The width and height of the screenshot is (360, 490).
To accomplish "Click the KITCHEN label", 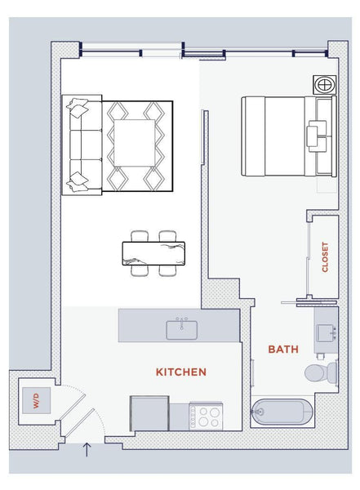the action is [181, 372].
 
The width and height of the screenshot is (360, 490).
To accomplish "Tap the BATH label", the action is [283, 349].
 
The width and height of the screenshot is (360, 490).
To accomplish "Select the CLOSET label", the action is [325, 257].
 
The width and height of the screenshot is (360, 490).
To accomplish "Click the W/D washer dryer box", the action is [36, 401].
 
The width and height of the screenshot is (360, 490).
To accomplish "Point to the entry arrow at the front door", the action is [87, 449].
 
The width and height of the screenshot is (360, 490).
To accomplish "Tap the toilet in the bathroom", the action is [321, 372].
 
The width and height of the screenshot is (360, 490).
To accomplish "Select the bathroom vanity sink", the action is [326, 333].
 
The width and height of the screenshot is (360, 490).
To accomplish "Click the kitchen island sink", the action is [181, 330].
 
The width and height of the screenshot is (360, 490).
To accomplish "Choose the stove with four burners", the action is [206, 416].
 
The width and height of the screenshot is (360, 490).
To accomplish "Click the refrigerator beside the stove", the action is [149, 413].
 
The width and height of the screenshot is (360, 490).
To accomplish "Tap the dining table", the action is [153, 253].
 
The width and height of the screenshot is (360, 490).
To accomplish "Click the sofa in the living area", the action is [82, 145].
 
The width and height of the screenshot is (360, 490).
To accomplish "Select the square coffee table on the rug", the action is [135, 143].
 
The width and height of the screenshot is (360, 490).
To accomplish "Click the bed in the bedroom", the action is [289, 136].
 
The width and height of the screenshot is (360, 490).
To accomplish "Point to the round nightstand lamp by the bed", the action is [325, 85].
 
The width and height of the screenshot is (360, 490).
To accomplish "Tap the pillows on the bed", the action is [317, 136].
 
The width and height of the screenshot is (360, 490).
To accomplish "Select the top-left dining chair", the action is [140, 236].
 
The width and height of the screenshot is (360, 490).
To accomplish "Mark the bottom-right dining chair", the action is [167, 270].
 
